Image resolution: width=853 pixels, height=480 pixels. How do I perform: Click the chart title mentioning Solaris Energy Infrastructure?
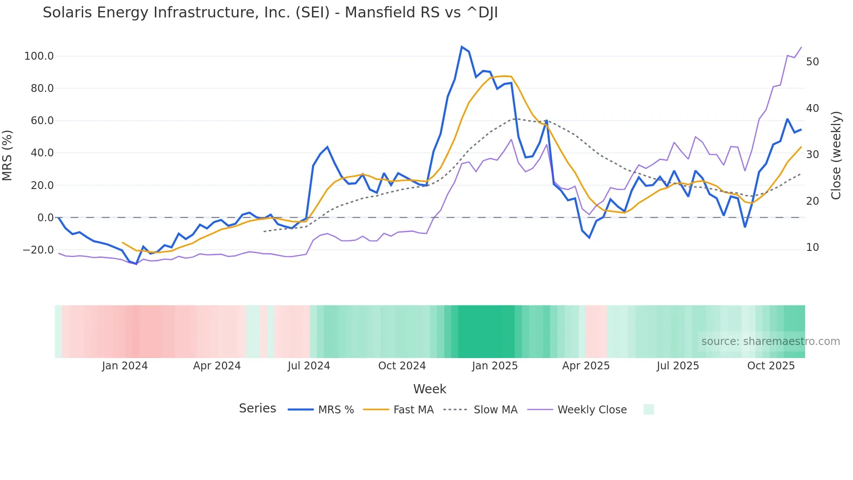click(270, 13)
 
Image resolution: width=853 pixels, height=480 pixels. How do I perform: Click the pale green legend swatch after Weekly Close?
click(648, 409)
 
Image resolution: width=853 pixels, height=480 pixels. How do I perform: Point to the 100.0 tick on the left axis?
click(39, 56)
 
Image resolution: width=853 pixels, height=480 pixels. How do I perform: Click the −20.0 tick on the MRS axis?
click(38, 250)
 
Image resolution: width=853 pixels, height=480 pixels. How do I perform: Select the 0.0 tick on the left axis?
click(45, 218)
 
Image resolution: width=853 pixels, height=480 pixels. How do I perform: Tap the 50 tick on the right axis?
click(812, 62)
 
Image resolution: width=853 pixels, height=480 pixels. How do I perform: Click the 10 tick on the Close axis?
click(812, 247)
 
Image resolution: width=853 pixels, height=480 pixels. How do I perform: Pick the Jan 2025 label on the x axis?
click(495, 366)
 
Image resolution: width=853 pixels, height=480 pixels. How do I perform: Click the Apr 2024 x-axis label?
click(217, 366)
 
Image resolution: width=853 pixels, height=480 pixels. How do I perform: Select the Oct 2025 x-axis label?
click(771, 366)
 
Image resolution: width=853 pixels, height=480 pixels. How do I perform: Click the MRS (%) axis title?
click(7, 155)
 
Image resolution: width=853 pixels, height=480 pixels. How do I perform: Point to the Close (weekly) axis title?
click(836, 155)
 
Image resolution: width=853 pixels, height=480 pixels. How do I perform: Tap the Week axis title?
click(430, 389)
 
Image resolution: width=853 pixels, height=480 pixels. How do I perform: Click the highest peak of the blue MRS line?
click(462, 47)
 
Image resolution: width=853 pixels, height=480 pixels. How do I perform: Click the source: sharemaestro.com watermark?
click(770, 341)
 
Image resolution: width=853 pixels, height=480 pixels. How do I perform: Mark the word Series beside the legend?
click(257, 409)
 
